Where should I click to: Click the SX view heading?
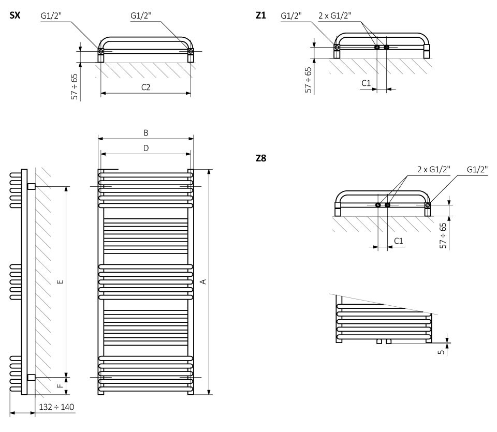(15, 16)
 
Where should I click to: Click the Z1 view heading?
(261, 16)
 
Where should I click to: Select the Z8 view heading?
(261, 159)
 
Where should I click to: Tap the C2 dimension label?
(146, 87)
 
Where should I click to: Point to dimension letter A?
(203, 281)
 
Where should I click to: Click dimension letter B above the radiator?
(146, 133)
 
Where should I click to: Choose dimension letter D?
(146, 148)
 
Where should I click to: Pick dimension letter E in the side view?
(60, 281)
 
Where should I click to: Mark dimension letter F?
(60, 385)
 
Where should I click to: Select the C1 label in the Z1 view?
(366, 83)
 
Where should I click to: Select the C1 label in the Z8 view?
(398, 241)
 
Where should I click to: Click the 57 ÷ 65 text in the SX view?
(75, 86)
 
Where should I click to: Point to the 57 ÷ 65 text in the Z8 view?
(443, 236)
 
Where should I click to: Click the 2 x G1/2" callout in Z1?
(334, 16)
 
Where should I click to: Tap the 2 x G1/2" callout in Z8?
(434, 169)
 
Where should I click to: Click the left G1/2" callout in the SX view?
(51, 16)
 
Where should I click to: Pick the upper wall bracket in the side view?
(31, 186)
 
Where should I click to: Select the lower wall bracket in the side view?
(31, 378)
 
